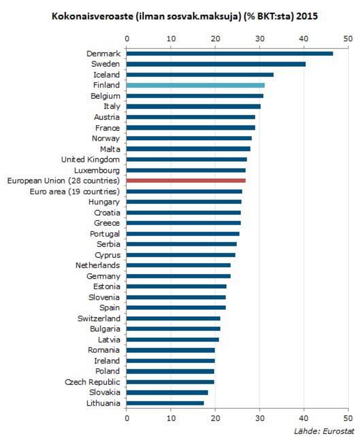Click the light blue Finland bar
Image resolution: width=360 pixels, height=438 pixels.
pos(195,85)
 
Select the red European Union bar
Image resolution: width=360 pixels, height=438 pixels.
pos(185,181)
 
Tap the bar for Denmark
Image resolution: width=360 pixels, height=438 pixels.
pos(229,54)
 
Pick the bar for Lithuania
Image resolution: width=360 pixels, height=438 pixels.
pos(165,403)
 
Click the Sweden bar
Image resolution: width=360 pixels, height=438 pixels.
pos(216,64)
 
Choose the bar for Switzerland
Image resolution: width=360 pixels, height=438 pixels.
pos(173,318)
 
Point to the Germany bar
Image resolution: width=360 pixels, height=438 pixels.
pos(178,276)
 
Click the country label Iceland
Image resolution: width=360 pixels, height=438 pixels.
pos(106,75)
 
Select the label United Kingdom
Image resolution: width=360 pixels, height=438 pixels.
pos(90,160)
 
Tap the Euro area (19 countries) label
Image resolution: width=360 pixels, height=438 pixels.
pos(75,191)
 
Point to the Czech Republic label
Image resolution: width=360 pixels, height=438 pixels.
pos(92,382)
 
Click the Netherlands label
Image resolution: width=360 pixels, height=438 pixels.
pos(98,266)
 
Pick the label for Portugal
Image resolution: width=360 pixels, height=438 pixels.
pos(105,234)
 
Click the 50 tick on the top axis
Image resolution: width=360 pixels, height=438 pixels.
pos(348,38)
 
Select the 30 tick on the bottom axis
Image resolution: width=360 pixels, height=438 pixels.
pos(260,418)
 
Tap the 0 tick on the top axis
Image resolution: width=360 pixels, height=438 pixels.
pos(127,38)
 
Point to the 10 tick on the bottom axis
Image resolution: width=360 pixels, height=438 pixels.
pos(171,418)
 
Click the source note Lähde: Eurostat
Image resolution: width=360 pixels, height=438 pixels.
pos(324,431)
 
